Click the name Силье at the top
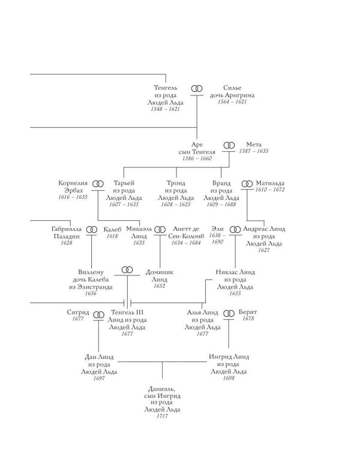[x=232, y=88]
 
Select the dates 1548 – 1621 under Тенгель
[x=166, y=109]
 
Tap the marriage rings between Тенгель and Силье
[x=197, y=89]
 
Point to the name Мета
[x=254, y=145]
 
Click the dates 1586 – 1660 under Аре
[x=197, y=158]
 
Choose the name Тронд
[x=176, y=183]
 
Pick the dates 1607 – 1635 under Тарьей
[x=124, y=205]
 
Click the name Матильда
[x=270, y=183]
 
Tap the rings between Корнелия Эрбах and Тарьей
[x=98, y=184]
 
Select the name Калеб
[x=112, y=229]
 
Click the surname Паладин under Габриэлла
[x=67, y=236]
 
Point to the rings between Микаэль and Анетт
[x=160, y=230]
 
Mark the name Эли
[x=217, y=229]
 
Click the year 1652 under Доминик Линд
[x=160, y=286]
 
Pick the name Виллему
[x=91, y=272]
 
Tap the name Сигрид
[x=78, y=312]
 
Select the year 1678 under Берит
[x=248, y=319]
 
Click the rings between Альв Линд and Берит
[x=229, y=313]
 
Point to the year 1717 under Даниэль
[x=162, y=416]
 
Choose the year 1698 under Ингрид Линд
[x=229, y=378]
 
